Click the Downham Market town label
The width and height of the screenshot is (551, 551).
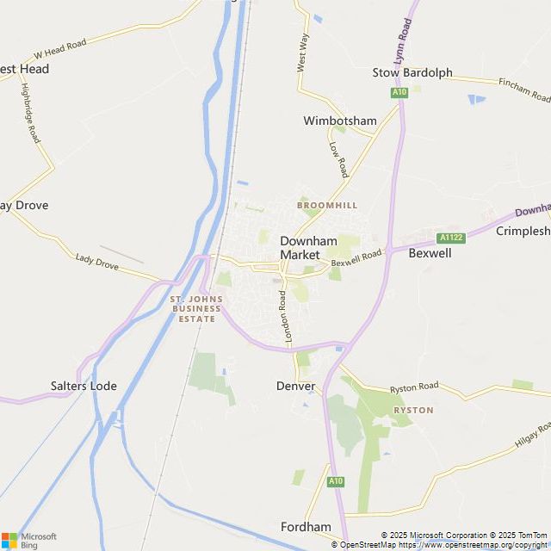(300, 248)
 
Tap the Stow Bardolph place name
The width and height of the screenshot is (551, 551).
(412, 72)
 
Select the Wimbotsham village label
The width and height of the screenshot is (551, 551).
(340, 121)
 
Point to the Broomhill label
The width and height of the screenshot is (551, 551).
(326, 206)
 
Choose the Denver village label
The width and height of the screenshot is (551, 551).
(296, 386)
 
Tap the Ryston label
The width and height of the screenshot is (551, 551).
(413, 410)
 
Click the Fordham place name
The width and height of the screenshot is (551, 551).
(306, 526)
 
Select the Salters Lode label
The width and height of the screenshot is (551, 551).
(84, 386)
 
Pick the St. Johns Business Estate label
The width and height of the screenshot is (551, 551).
(197, 309)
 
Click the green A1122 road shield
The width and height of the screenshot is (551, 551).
(451, 238)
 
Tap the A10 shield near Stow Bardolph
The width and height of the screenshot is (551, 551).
(399, 92)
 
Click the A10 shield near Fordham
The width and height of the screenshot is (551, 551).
(336, 481)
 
